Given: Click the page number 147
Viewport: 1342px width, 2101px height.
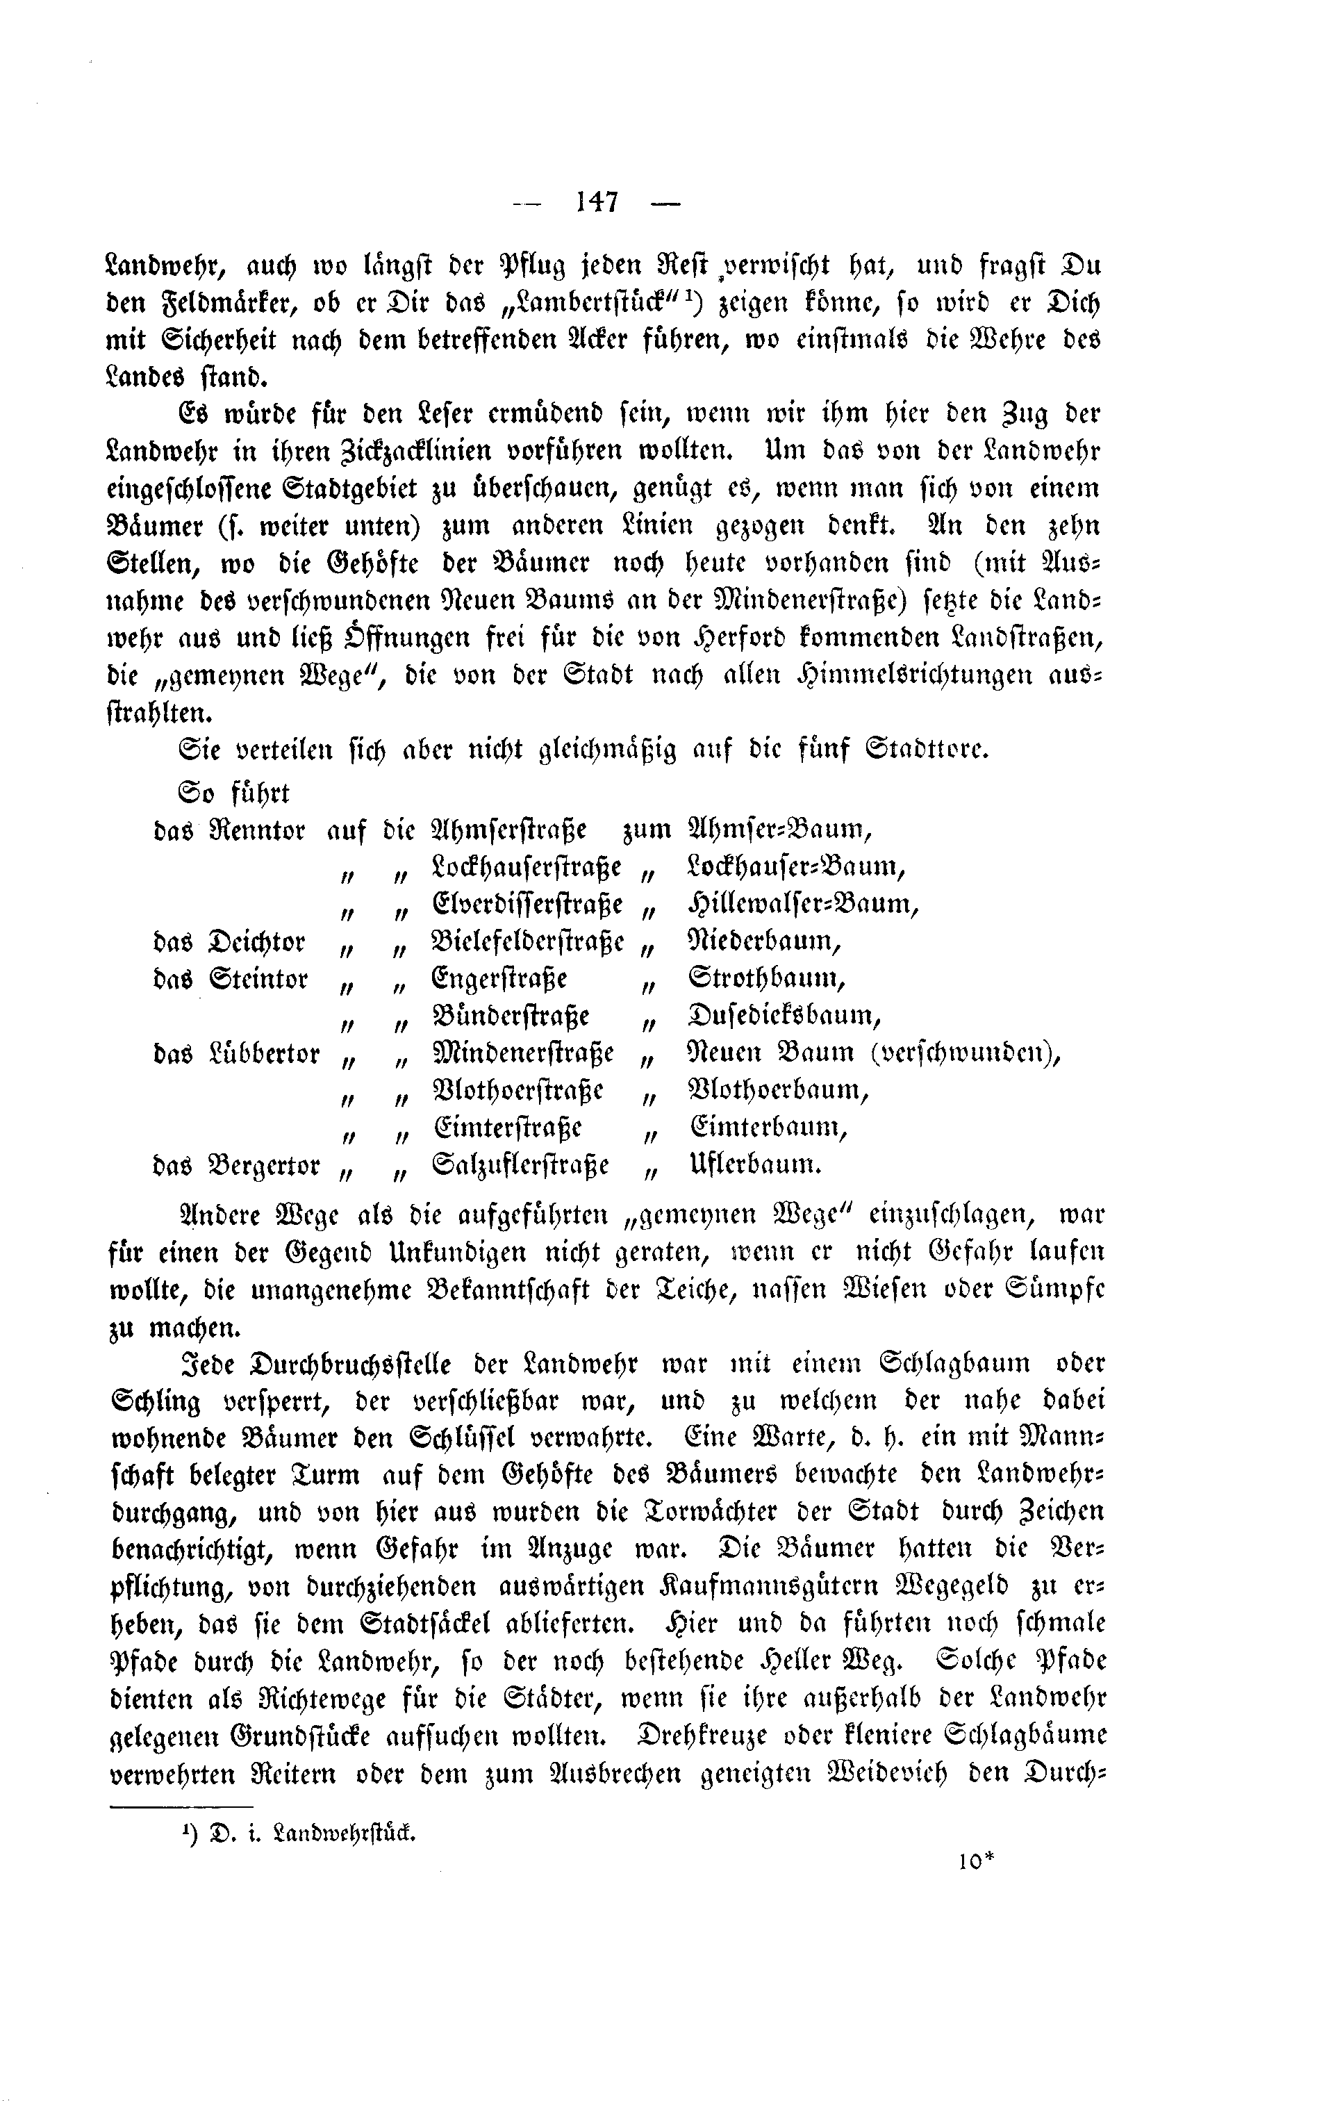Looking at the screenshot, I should [597, 202].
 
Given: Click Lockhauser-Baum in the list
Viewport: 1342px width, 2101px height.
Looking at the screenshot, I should [797, 866].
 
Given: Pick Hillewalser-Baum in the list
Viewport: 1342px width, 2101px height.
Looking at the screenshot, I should [803, 904].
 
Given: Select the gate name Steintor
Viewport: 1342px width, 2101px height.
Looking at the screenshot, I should [259, 979].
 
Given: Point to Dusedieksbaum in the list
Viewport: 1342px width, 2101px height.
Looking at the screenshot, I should [784, 1016].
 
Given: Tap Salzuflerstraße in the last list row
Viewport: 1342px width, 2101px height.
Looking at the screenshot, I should [521, 1166].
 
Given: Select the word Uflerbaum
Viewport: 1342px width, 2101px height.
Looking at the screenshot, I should [754, 1166].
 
